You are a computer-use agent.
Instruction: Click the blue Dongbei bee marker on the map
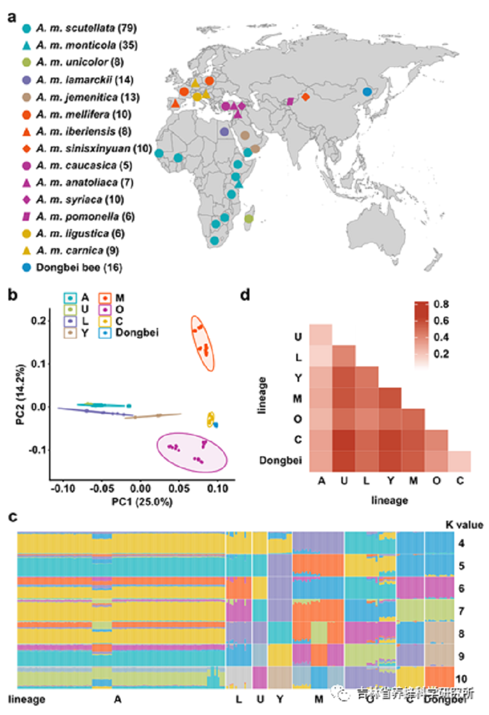367,92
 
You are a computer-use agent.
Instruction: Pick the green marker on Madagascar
249,218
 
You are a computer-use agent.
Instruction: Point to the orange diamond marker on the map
306,96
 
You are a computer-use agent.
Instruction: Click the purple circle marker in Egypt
224,131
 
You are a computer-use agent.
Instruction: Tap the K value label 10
463,677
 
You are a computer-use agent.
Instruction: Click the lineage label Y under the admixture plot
280,700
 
